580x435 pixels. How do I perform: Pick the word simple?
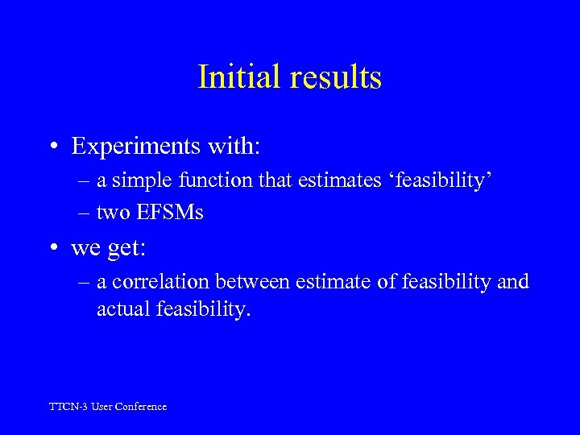[138, 180]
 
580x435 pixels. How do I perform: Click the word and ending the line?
[513, 282]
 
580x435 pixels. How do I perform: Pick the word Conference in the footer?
[140, 407]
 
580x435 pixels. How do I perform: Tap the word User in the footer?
[101, 407]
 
